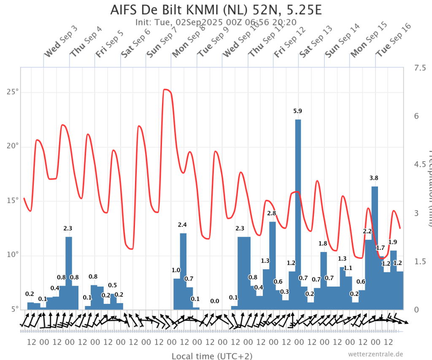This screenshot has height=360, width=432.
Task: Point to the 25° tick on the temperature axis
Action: click(14, 92)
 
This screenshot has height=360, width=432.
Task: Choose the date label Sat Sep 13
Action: click(316, 41)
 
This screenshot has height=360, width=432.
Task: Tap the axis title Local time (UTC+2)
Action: click(212, 356)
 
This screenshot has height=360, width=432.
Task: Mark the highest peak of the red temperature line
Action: click(166, 89)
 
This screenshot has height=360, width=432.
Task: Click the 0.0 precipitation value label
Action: click(215, 301)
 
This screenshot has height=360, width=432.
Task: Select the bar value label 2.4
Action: click(182, 225)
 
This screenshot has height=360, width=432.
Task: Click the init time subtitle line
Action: click(216, 22)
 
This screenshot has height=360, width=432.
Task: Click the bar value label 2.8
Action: click(272, 213)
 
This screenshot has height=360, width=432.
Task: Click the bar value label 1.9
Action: click(392, 242)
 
